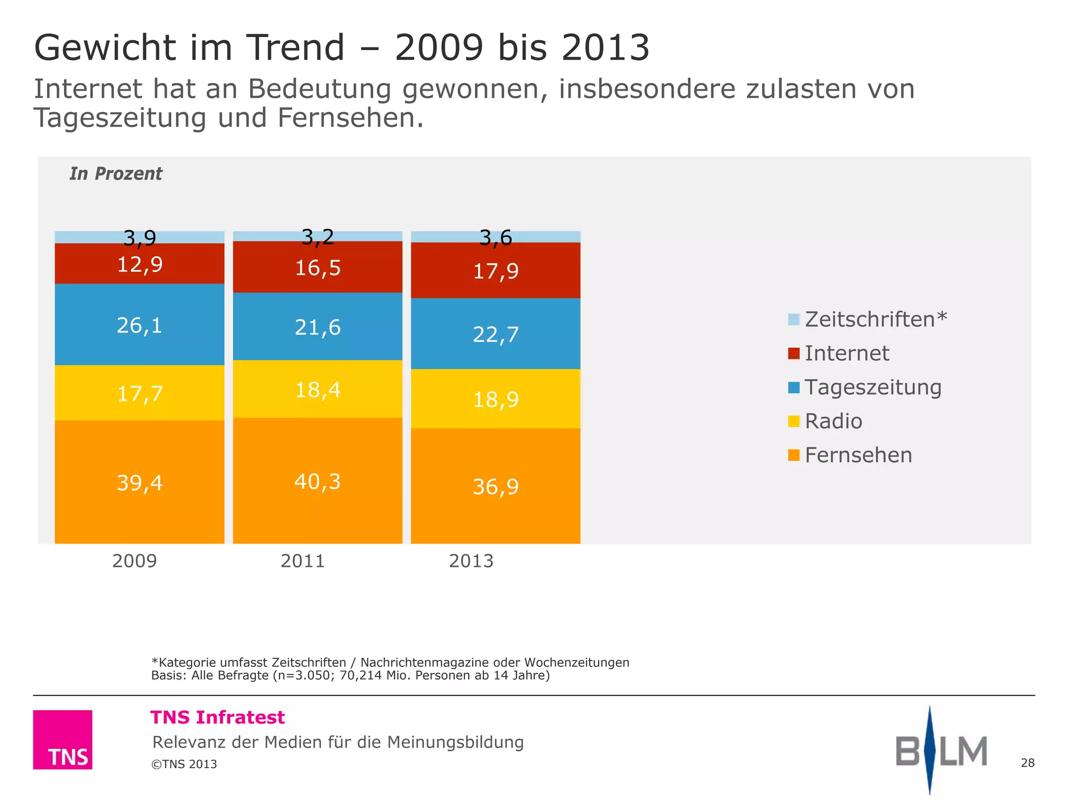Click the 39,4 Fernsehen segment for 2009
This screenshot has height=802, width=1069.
(x=139, y=482)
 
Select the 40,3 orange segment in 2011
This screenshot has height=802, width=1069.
(x=317, y=480)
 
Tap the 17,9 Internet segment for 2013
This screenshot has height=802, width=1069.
(x=495, y=270)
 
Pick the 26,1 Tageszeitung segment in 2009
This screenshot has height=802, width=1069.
(x=139, y=325)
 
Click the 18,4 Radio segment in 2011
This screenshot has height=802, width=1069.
(x=317, y=390)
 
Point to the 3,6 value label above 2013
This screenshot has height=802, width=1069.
(x=495, y=238)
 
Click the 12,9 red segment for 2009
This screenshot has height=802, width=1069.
(x=139, y=264)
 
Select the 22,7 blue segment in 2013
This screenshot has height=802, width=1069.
(x=495, y=334)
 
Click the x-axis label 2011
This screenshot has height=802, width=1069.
(x=303, y=561)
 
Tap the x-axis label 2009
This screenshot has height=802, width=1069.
(x=135, y=561)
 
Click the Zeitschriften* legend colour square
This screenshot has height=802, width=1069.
(x=793, y=320)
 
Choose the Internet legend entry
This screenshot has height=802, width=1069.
(x=846, y=353)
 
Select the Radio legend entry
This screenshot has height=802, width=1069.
(x=833, y=421)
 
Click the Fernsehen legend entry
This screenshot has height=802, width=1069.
(x=858, y=455)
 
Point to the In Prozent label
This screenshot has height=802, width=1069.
(x=116, y=173)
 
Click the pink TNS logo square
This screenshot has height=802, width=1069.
(x=63, y=739)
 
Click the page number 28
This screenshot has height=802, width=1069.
(x=1027, y=763)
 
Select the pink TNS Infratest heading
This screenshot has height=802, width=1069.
(x=218, y=717)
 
